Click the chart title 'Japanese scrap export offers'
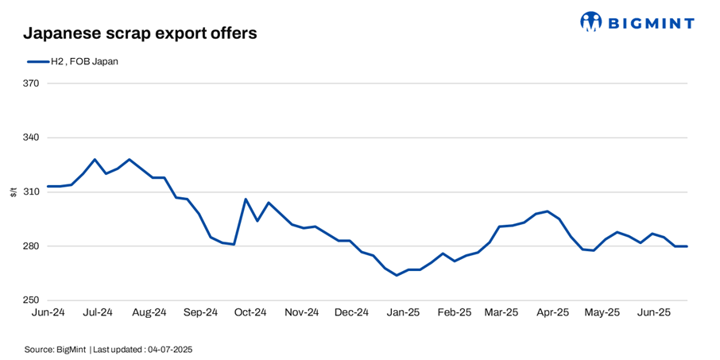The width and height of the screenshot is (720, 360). click(140, 33)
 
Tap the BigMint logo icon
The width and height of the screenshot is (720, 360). click(590, 21)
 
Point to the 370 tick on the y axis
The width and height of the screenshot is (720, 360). click(31, 83)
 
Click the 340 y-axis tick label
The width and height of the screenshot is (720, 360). click(31, 137)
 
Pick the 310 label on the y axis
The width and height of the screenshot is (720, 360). click(31, 192)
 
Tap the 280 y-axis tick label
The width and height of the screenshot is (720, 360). click(31, 246)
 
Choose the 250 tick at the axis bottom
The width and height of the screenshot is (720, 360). click(31, 300)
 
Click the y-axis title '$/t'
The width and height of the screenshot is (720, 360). click(13, 192)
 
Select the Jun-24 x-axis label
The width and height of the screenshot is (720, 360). click(48, 313)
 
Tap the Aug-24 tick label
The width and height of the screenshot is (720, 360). click(149, 313)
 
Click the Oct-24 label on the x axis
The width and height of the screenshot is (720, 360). click(250, 313)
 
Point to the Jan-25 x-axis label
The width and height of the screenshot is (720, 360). click(403, 313)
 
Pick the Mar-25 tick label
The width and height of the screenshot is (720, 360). click(502, 313)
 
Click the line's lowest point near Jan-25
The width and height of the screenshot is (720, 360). click(397, 275)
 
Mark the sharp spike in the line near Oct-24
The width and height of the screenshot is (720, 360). click(246, 199)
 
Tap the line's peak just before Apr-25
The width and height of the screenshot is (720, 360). click(548, 211)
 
